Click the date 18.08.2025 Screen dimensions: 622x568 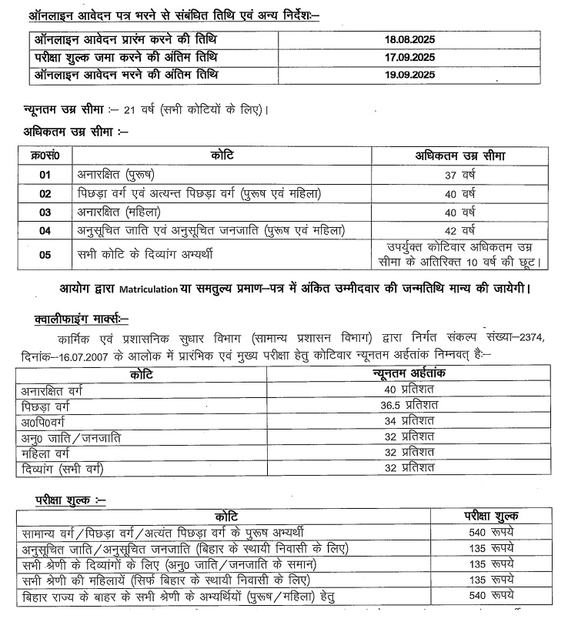pyautogui.click(x=410, y=38)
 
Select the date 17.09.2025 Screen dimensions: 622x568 pyautogui.click(x=410, y=56)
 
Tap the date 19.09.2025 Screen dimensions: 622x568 pyautogui.click(x=410, y=75)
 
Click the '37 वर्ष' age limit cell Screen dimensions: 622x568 pyautogui.click(x=461, y=176)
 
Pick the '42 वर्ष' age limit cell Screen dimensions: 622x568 pyautogui.click(x=461, y=230)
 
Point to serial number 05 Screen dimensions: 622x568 pyautogui.click(x=45, y=255)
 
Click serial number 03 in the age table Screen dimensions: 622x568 pyautogui.click(x=45, y=212)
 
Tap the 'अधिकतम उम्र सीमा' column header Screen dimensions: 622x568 pyautogui.click(x=461, y=156)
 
